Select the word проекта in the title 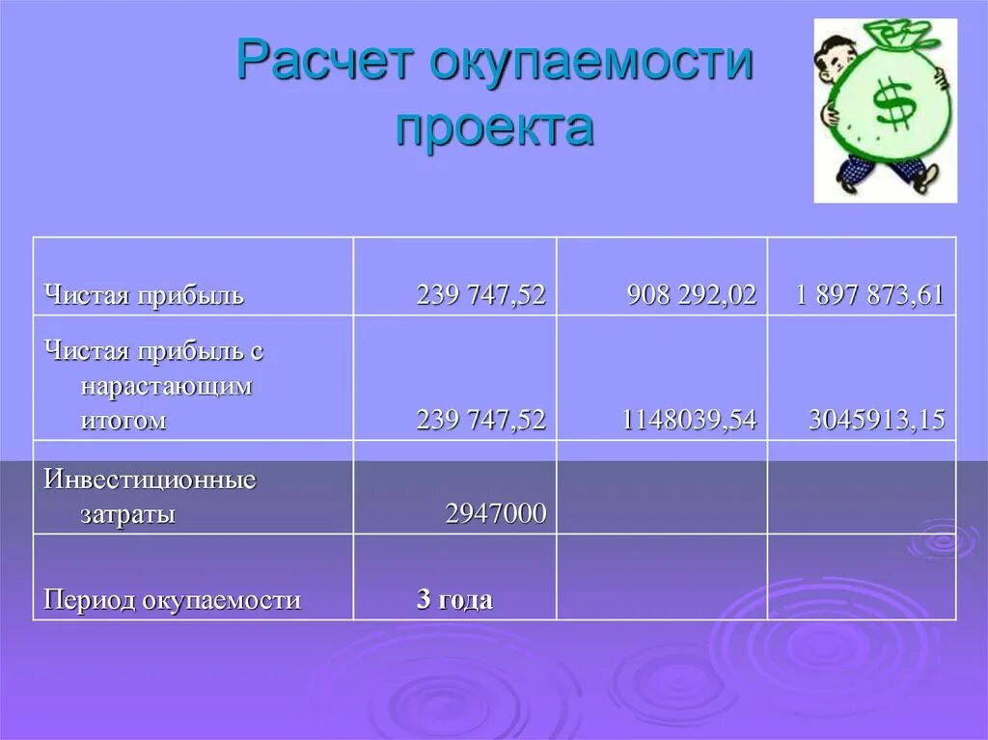coord(494,127)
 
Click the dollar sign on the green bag coord(893,105)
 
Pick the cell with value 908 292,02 coord(691,295)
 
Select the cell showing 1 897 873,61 coord(869,295)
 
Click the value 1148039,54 coord(689,420)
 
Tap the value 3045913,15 coord(876,420)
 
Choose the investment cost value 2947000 coord(496,514)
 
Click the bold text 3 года coord(454,600)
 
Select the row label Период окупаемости coord(172,600)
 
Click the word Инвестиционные coord(150,480)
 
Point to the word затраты coord(127,514)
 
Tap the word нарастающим coord(166,386)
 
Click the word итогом coord(123,420)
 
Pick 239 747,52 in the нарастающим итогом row coord(480,420)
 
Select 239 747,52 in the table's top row coord(480,295)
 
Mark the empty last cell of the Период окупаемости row coord(861,577)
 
